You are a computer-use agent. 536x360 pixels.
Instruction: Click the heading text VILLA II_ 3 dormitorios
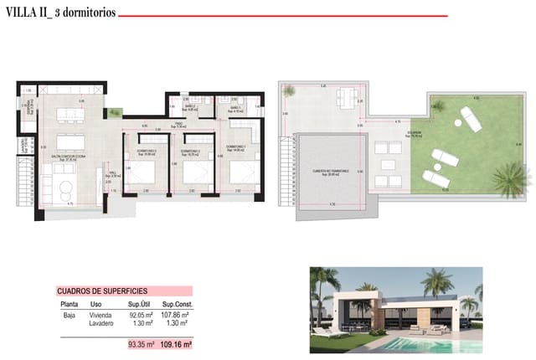(62, 14)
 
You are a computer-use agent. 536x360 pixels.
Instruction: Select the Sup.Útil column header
(138, 305)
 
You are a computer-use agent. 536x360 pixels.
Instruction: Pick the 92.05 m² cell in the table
(138, 315)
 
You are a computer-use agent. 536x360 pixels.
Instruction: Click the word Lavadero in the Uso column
(102, 323)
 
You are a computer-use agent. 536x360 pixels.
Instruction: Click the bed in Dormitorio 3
(138, 173)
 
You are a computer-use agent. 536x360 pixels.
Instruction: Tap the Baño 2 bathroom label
(189, 107)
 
